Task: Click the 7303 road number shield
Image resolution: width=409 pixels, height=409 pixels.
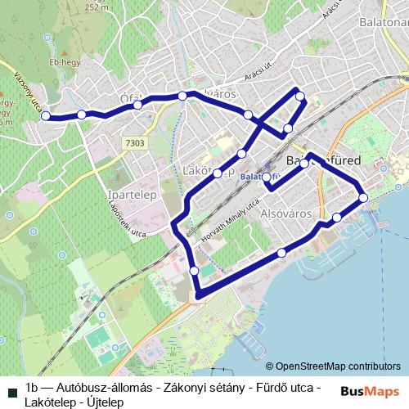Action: tap(135, 143)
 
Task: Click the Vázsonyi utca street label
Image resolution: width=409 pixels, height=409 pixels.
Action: tap(28, 90)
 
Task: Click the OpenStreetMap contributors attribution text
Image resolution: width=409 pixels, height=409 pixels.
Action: tap(338, 366)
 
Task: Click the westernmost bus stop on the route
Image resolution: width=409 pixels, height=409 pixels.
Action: tap(46, 116)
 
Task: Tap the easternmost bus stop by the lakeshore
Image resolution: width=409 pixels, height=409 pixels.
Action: tap(363, 197)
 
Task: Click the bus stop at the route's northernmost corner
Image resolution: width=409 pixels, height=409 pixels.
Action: tap(300, 97)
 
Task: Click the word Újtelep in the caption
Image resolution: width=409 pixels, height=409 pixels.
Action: tap(99, 402)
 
